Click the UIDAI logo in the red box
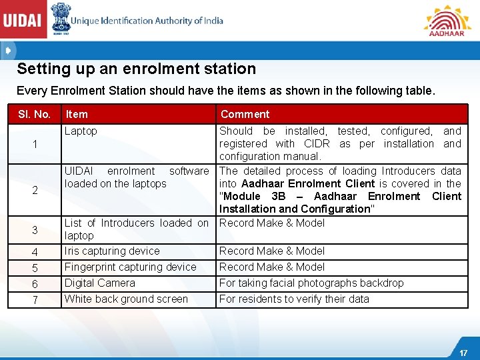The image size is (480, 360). (23, 21)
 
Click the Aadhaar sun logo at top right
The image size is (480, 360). (447, 20)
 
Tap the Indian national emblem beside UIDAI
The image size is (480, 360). (59, 19)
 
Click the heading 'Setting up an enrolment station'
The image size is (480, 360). (136, 69)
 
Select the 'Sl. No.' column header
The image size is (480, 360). (34, 114)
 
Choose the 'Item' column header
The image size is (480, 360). (77, 114)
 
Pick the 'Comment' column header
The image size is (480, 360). (245, 114)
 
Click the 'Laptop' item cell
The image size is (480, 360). (81, 131)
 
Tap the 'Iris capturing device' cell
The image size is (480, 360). (112, 251)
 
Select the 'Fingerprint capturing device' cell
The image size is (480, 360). (130, 267)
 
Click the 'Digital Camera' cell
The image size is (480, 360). (99, 283)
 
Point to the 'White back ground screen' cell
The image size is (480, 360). (126, 299)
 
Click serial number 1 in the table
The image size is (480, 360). (34, 145)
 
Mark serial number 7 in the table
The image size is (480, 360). (34, 301)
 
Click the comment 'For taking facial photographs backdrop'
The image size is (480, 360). (311, 283)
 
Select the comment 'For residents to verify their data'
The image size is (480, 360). (294, 299)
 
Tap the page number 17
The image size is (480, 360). (463, 353)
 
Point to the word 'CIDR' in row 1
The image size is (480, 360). (317, 144)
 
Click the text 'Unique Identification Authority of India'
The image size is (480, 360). (147, 21)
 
